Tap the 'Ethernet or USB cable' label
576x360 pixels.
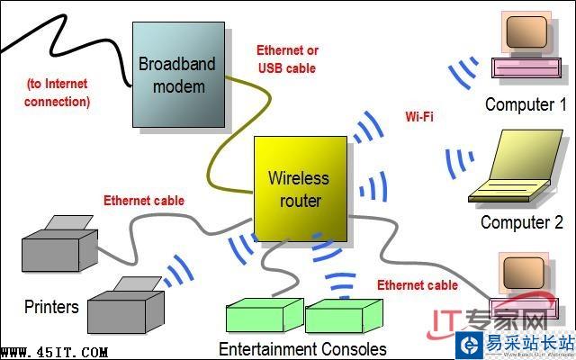287,58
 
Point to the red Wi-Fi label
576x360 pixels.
419,117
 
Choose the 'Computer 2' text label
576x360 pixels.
521,222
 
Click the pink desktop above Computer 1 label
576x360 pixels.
525,45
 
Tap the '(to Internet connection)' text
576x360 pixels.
58,93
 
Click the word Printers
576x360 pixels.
51,307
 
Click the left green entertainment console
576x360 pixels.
262,317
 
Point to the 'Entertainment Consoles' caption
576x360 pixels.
302,348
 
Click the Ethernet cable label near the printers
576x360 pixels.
143,201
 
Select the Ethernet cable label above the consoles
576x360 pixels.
417,285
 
